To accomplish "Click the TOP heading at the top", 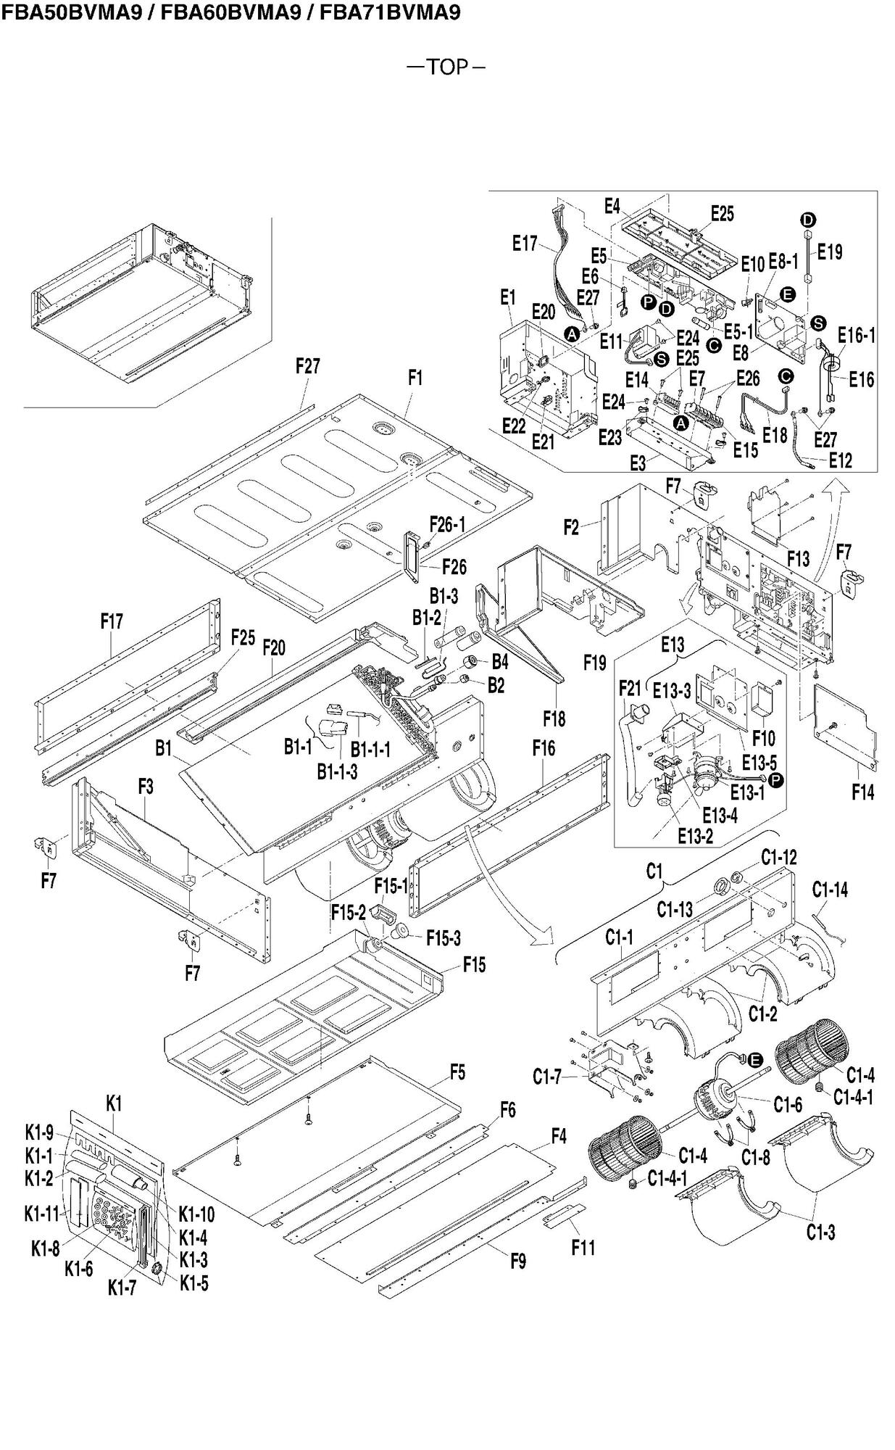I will (446, 67).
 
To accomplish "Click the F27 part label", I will (307, 366).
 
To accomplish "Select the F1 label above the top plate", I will (415, 378).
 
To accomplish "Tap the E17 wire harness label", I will (525, 244).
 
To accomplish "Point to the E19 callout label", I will (830, 252).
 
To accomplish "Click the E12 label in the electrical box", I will (841, 460).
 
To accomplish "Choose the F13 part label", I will (798, 558).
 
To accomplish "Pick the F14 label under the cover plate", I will (862, 792).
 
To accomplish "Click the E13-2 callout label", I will (696, 836).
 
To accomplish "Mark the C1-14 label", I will (830, 889).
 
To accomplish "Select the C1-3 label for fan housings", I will (821, 1232).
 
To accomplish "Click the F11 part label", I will (583, 1247).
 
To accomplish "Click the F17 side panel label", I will (112, 621).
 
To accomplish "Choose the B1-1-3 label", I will (337, 771).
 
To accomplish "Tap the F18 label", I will (554, 718).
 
